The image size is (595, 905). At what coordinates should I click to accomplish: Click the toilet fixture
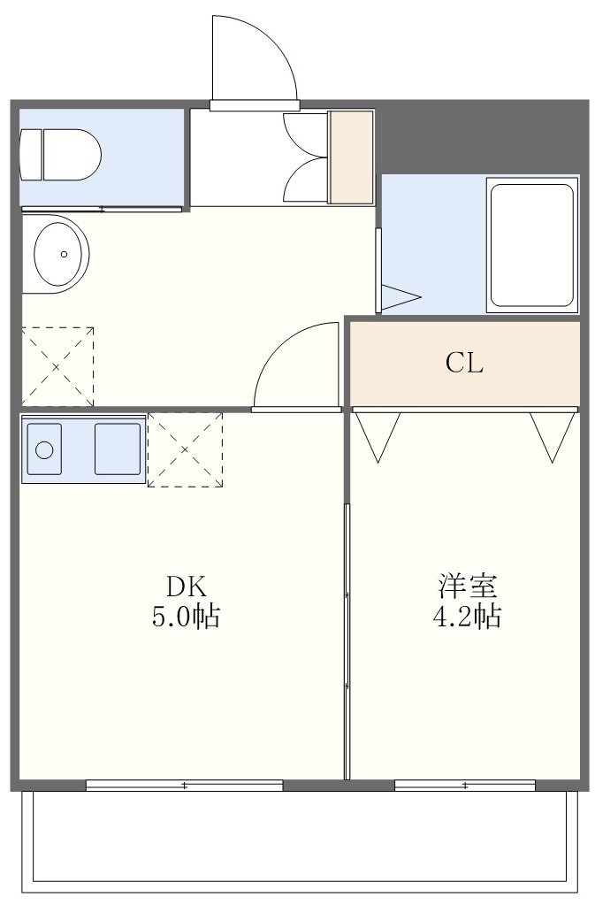point(60,154)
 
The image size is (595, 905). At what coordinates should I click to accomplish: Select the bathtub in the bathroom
point(532,245)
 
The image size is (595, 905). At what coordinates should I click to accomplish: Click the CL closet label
point(464,364)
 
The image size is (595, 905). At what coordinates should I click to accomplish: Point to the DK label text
point(186,587)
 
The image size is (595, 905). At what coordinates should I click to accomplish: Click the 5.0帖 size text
point(186,617)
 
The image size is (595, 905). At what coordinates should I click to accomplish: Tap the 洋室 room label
point(467,586)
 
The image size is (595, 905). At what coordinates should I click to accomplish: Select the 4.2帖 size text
point(467,617)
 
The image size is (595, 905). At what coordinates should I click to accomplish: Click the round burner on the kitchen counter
point(44,449)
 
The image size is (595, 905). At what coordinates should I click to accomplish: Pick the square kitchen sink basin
point(118,449)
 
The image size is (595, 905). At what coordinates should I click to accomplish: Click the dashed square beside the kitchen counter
point(185,449)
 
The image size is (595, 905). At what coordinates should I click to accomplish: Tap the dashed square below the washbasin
point(57,366)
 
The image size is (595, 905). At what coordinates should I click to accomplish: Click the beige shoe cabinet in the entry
point(351,157)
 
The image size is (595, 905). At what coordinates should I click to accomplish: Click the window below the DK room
point(185,785)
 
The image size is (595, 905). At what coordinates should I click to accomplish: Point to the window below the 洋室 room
point(465,785)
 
